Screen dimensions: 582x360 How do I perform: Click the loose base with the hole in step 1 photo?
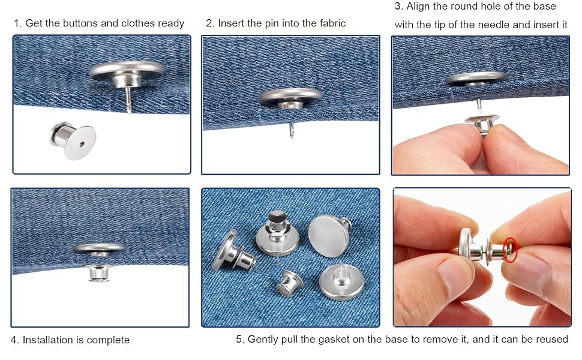coord(73,140)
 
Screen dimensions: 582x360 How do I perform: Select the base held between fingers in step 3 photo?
coord(482,125)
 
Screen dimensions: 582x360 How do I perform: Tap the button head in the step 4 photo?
coord(99,248)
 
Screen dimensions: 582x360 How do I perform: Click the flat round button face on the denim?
coord(329,236)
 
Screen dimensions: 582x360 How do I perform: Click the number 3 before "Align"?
coord(398,7)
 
